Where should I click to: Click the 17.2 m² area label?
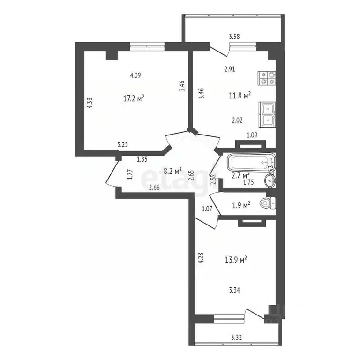(x=133, y=98)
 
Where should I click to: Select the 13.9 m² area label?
(x=237, y=259)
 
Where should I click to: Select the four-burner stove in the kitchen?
(x=267, y=77)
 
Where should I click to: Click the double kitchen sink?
(x=267, y=115)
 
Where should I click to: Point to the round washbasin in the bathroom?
(x=271, y=180)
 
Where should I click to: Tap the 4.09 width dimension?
(x=135, y=75)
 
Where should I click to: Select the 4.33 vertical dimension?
(x=90, y=103)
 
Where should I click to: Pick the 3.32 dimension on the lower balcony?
(x=237, y=336)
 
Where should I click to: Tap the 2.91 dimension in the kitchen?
(x=230, y=69)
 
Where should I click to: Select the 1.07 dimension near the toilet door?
(x=207, y=209)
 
